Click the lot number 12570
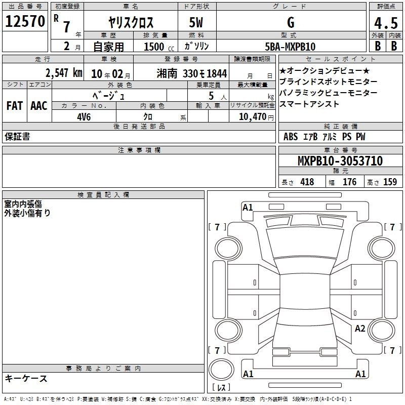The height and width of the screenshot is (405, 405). coord(25,21)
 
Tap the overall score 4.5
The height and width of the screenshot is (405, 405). coord(386,23)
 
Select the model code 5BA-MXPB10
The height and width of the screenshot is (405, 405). coord(290,47)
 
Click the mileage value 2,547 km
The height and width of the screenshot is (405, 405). coord(64,73)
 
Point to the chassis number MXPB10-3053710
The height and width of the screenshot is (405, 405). coord(340,160)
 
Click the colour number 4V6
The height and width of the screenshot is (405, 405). coord(84,117)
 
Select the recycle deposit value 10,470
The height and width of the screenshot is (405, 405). coord(252,117)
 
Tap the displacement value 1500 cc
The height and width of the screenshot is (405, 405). coord(159,47)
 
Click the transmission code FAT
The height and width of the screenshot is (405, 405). coord(15,106)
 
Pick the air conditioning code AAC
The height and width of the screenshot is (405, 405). coord(39,106)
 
